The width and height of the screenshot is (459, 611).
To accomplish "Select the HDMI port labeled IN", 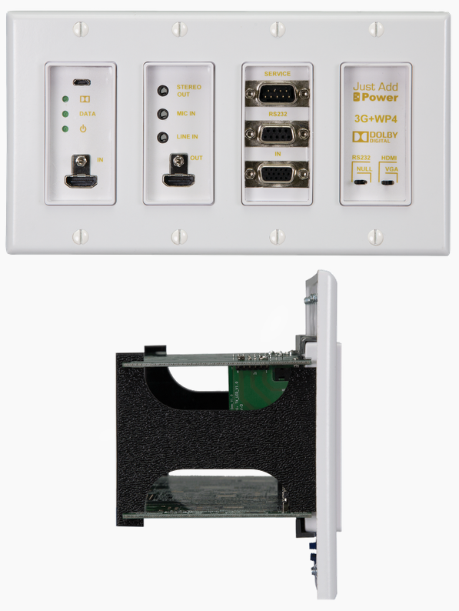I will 80,182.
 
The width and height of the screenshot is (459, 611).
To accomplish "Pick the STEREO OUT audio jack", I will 162,91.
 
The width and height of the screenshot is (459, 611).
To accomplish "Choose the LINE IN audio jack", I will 162,138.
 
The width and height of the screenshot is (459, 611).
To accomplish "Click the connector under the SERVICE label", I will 278,95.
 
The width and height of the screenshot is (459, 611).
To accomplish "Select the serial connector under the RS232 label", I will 278,135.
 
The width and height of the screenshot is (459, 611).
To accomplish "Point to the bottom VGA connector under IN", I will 278,175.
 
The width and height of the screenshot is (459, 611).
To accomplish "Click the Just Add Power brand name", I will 375,92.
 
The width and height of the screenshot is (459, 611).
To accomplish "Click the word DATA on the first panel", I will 87,113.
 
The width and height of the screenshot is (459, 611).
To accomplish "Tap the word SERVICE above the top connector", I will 278,74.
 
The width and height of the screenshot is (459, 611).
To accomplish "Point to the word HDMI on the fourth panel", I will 389,157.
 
